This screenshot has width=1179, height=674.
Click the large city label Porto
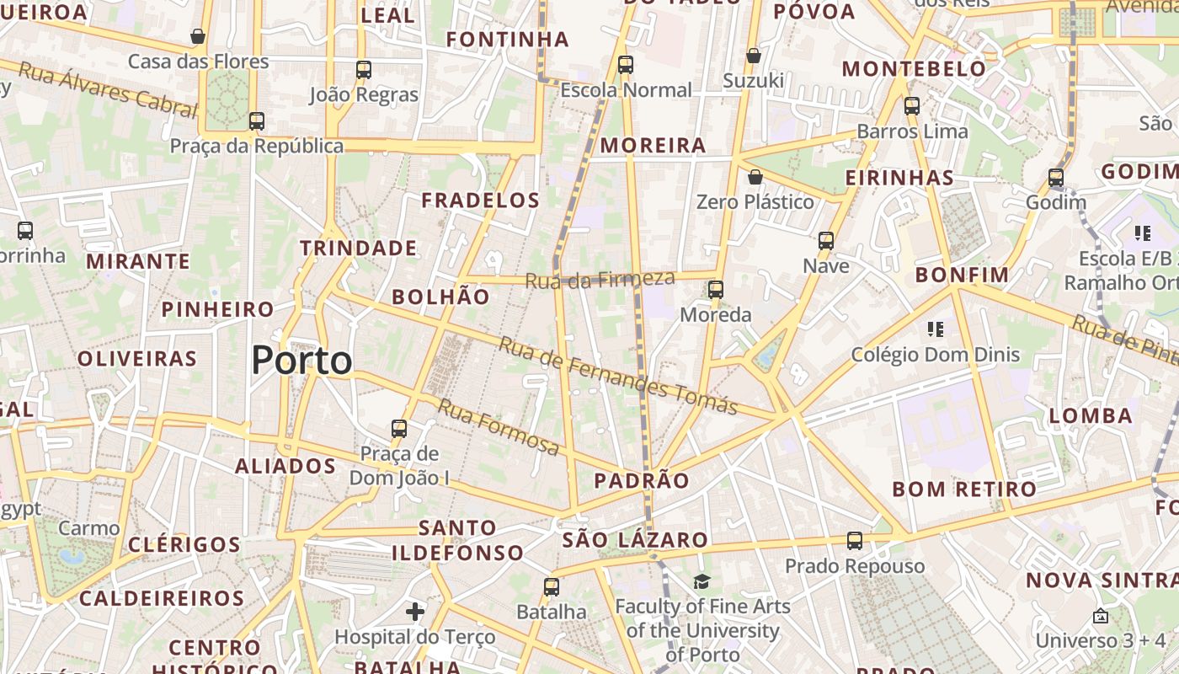(x=301, y=361)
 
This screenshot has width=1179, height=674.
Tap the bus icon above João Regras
(x=364, y=70)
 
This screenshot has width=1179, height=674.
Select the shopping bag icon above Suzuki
(x=754, y=56)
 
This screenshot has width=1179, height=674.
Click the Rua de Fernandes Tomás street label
(x=618, y=376)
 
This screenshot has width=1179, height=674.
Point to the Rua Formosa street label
(x=499, y=426)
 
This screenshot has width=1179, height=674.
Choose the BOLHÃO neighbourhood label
(x=440, y=297)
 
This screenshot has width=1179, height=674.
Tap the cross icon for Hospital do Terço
(x=415, y=611)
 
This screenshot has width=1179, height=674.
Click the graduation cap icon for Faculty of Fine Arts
(x=702, y=581)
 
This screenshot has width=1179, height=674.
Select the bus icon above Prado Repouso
(x=855, y=541)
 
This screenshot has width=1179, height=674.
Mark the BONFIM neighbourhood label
(x=962, y=275)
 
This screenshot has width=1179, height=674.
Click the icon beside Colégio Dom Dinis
(x=935, y=329)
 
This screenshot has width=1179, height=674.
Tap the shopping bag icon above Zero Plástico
(x=755, y=177)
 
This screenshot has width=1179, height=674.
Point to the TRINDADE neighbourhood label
(x=359, y=248)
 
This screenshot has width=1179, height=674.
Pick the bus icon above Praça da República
(x=257, y=120)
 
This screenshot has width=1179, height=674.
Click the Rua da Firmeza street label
(x=600, y=279)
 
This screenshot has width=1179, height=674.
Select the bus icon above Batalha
(x=552, y=587)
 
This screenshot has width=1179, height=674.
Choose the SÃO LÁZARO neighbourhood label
(x=635, y=540)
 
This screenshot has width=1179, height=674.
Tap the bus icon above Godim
(x=1056, y=178)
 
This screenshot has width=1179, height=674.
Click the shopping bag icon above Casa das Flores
(x=198, y=36)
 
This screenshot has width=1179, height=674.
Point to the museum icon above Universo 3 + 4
(x=1100, y=616)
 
